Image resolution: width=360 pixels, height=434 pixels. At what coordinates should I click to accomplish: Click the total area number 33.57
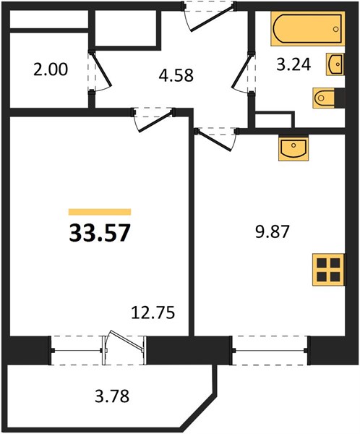coord(100,233)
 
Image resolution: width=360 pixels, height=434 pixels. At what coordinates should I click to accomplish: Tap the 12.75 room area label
coord(153,312)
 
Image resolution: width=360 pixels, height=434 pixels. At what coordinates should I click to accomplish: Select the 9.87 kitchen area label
coord(273,231)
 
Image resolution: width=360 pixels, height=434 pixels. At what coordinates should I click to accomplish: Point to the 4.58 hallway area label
coord(176,75)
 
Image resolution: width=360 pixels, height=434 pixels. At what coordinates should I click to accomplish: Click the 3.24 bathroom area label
coord(294,65)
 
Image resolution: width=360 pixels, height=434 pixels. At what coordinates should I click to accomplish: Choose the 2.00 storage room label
coord(51,69)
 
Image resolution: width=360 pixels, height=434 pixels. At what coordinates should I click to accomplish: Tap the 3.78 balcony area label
coord(112,396)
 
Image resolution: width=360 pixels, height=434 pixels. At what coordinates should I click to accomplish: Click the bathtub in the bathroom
coord(308,28)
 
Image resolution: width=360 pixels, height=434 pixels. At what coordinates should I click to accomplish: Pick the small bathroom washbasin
coord(335,64)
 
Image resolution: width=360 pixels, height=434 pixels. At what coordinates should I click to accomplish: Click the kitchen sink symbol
coord(293,148)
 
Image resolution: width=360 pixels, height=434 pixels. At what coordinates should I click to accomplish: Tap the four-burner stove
coord(329,270)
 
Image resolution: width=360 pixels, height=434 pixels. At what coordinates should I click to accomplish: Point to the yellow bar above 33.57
coord(100,212)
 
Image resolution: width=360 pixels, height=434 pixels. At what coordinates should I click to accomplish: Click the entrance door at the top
coord(210,17)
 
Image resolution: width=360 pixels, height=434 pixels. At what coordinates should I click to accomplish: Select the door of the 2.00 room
coord(100,71)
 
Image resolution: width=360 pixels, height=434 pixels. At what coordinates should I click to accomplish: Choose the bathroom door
coord(244,72)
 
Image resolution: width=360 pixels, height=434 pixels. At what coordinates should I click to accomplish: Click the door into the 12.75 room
coord(153,119)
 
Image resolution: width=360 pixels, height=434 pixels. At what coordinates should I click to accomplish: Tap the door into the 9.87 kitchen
coord(216,139)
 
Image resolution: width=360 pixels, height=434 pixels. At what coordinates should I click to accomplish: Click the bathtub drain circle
coord(336,29)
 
